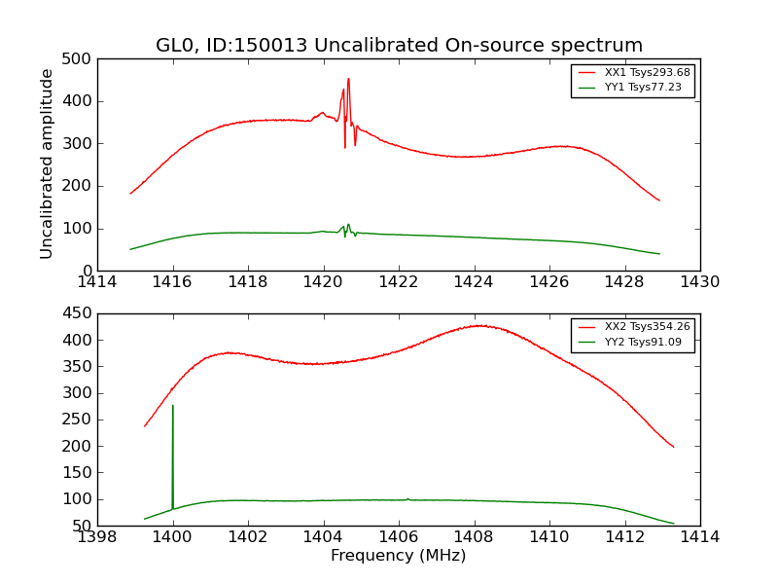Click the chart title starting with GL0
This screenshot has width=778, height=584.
399,46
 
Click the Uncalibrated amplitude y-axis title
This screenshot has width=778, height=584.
47,164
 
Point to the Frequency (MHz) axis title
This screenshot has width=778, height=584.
399,556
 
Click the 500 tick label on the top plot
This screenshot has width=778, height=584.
81,58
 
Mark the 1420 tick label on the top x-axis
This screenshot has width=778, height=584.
323,282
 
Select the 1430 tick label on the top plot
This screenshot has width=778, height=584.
699,282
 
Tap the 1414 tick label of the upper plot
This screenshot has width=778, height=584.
98,282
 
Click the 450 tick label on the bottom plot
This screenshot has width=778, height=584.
81,314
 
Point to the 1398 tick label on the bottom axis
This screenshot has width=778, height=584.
98,537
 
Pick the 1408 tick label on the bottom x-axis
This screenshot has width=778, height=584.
474,537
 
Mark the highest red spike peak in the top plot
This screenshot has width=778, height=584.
348,80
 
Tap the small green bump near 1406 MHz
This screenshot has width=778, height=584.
407,498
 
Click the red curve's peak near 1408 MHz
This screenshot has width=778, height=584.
477,325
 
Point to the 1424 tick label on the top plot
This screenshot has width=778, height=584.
474,282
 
